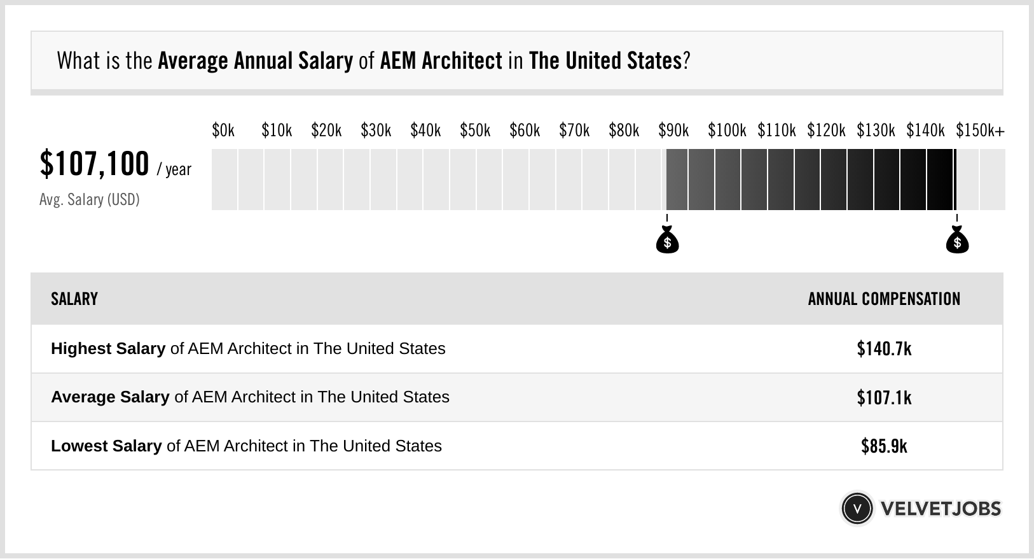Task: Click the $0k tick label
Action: [223, 131]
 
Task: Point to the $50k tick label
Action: [475, 131]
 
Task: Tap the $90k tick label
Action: [673, 131]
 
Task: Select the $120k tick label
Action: [826, 131]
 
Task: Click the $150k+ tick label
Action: [980, 131]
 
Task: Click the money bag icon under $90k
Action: [667, 241]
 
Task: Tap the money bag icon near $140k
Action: [957, 241]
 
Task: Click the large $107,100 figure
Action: [94, 164]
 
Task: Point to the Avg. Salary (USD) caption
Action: [89, 200]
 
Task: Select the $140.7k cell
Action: [884, 349]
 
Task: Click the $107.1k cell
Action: [884, 398]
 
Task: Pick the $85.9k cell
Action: [884, 446]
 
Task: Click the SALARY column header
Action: [74, 299]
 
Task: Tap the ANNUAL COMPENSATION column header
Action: [884, 299]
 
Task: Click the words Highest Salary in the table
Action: [108, 349]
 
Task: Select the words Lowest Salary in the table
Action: [106, 446]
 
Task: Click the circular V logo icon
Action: [857, 509]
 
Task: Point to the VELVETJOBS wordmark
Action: [941, 509]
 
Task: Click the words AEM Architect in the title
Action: [441, 61]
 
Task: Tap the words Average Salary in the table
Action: [110, 397]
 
